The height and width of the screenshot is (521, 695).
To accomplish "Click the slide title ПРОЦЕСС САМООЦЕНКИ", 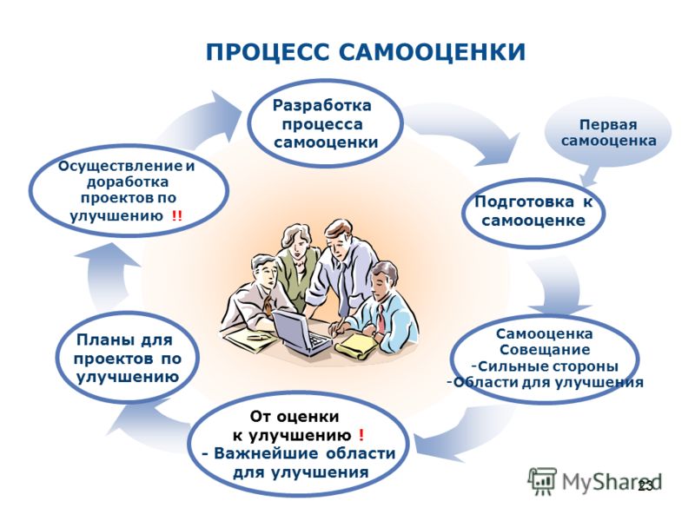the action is coord(366,52).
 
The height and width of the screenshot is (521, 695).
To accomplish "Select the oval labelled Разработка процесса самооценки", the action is coord(325,123).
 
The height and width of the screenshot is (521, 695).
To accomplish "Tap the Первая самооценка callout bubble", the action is coord(608,133).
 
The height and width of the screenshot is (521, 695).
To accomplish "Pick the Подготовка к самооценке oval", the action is coord(533,211).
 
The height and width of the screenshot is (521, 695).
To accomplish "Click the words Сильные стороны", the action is coord(548,366).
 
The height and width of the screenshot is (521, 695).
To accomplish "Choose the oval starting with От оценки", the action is coord(298,444).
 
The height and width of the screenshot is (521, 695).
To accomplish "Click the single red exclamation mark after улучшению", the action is coord(361,436).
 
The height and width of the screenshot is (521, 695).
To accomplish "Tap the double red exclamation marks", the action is coord(177,216).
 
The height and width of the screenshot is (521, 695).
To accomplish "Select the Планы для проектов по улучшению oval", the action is coord(127,358).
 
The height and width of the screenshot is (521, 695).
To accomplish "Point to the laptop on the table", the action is coord(301,333).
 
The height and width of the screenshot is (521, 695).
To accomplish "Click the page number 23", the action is coord(645,486).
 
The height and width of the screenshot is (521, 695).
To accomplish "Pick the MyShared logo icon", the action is coord(541,480).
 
